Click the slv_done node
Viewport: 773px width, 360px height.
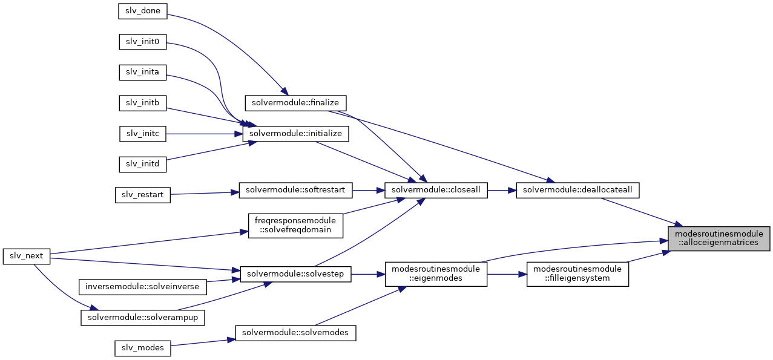pyautogui.click(x=142, y=11)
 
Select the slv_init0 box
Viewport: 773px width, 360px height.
pyautogui.click(x=142, y=42)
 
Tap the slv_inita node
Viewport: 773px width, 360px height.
pyautogui.click(x=142, y=73)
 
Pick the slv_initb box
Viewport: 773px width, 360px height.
pyautogui.click(x=142, y=103)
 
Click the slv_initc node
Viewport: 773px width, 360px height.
pyautogui.click(x=142, y=134)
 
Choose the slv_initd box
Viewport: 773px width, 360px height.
pyautogui.click(x=142, y=165)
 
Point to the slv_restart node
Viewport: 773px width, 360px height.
pyautogui.click(x=142, y=195)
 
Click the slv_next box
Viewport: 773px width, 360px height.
pyautogui.click(x=27, y=257)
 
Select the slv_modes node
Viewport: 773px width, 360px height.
pyautogui.click(x=142, y=349)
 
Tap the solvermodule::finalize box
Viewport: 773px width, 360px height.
pyautogui.click(x=295, y=103)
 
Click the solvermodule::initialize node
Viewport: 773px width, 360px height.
pyautogui.click(x=295, y=134)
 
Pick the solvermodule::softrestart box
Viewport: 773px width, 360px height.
pyautogui.click(x=295, y=191)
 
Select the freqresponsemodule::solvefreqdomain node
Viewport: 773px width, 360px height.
pyautogui.click(x=295, y=226)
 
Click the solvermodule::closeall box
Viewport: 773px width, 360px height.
pyautogui.click(x=436, y=191)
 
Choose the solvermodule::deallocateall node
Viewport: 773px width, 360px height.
pyautogui.click(x=577, y=191)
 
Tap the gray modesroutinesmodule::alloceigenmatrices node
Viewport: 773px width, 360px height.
pyautogui.click(x=719, y=238)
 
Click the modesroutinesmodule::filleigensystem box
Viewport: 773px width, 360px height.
pyautogui.click(x=577, y=274)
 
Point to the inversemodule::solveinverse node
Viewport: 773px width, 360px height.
pyautogui.click(x=142, y=287)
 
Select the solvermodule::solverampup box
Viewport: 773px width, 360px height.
pyautogui.click(x=142, y=318)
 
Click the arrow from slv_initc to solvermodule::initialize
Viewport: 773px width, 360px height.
pyautogui.click(x=204, y=134)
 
